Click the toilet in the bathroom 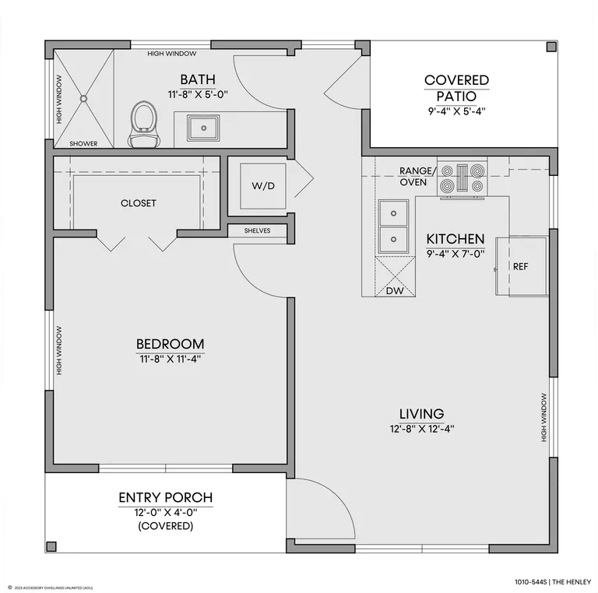point(144,125)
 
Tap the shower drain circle point(83,99)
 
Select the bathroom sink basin point(203,128)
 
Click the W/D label point(263,186)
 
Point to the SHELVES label point(258,230)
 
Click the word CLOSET point(139,203)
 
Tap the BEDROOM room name point(170,344)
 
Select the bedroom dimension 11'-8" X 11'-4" point(170,359)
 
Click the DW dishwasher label point(395,291)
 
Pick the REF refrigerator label point(521,267)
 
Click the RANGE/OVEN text point(417,177)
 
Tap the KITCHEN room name point(456,239)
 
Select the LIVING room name point(421,414)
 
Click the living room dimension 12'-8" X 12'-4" point(422,429)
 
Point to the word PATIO point(456,96)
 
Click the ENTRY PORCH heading point(166,498)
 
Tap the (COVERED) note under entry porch point(166,526)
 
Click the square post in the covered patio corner point(551,47)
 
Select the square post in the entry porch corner point(51,546)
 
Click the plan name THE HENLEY point(572,582)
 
